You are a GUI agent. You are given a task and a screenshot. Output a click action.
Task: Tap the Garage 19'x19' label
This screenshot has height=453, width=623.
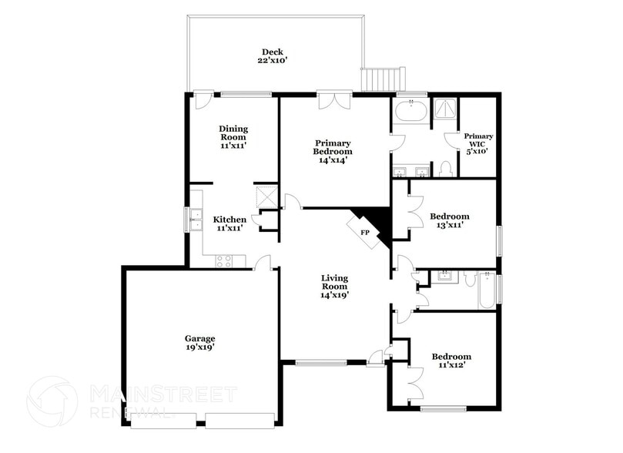(199, 343)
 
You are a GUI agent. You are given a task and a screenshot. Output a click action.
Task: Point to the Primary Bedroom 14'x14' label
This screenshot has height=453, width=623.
(333, 153)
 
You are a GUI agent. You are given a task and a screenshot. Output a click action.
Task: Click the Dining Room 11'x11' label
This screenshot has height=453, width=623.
(232, 137)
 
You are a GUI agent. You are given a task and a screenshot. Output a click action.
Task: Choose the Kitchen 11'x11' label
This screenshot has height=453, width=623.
(229, 224)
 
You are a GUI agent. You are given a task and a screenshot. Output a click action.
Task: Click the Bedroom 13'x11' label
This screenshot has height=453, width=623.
(450, 222)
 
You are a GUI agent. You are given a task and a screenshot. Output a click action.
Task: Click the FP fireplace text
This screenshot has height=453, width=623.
(365, 232)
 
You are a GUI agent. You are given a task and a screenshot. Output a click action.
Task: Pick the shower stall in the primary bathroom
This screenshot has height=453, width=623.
(444, 110)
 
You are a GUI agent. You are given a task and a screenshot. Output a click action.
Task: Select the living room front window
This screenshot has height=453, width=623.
(321, 362)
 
